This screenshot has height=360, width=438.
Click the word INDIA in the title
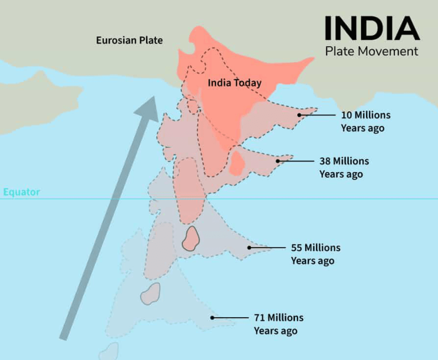372,29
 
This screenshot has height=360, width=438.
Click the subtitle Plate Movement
372,51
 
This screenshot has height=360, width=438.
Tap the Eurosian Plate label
129,40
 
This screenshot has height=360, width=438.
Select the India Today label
235,83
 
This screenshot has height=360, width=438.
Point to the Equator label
22,192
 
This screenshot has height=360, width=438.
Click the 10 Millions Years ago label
362,121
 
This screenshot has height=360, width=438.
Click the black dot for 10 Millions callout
299,115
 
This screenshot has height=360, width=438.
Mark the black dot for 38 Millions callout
278,161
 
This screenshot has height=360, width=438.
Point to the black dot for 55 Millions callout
249,247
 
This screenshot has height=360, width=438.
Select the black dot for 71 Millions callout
212,318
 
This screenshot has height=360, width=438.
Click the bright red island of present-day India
237,163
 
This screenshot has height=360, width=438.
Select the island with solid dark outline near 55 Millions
191,238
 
